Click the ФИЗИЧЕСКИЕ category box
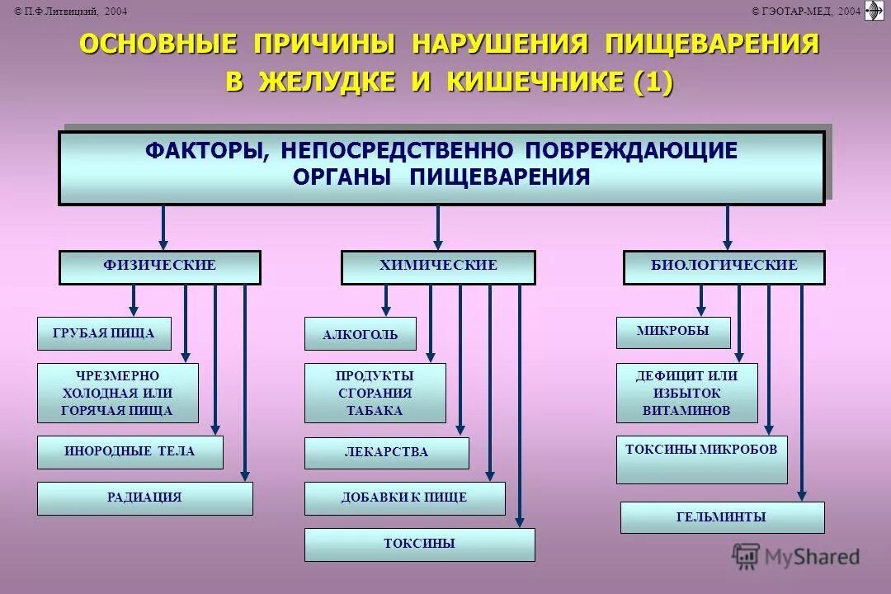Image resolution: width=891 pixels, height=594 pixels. coord(159,266)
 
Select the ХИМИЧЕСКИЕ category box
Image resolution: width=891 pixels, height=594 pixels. coord(438,266)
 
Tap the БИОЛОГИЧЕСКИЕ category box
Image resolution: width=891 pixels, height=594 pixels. coord(724,266)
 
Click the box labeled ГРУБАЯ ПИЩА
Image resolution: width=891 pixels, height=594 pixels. coord(104,333)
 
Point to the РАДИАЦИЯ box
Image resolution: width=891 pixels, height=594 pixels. coord(144,498)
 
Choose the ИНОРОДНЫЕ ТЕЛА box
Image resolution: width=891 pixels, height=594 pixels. coord(130,452)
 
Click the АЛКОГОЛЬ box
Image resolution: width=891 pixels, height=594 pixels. coord(360,334)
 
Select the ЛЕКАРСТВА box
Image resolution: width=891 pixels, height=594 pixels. coord(386,453)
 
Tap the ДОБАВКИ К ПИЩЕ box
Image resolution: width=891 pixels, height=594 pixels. coord(404,498)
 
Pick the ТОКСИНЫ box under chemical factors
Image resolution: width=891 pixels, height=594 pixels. coord(419,544)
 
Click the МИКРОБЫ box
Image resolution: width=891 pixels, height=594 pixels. coord(673,332)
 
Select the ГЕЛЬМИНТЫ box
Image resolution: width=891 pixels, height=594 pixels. coord(722,517)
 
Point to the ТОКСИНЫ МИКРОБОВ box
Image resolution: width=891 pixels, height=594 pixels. coord(701,450)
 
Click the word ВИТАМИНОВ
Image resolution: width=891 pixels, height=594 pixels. coord(686,410)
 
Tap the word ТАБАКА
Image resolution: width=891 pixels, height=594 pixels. coord(375,410)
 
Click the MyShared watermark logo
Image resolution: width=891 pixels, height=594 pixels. coord(795,557)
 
